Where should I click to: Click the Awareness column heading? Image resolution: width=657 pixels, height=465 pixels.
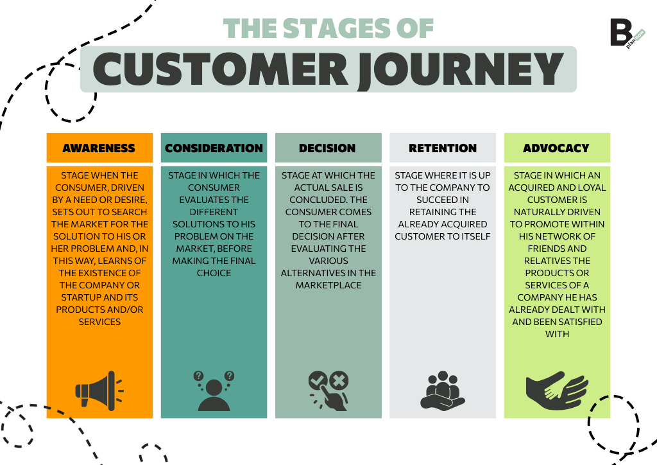[x=99, y=148]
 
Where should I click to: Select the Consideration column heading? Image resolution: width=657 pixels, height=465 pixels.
[x=214, y=148]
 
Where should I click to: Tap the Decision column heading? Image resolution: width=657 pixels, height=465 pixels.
[x=327, y=148]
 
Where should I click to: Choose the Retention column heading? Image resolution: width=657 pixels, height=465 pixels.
[x=443, y=148]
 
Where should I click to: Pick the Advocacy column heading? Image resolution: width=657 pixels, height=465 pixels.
[x=556, y=148]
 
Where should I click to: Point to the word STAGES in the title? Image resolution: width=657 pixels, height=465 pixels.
[x=320, y=28]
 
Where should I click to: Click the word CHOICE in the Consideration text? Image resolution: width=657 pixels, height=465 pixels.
[x=214, y=273]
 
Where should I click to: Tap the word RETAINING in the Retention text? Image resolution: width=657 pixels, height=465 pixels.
[x=443, y=212]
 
